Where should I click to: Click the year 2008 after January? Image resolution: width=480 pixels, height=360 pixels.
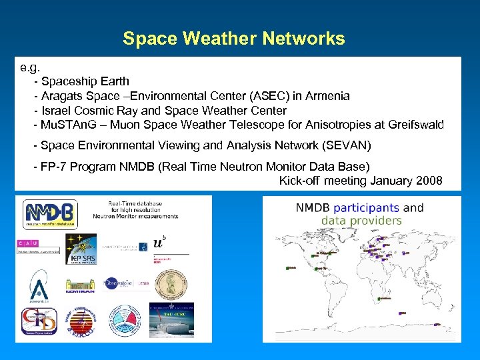pos(428,181)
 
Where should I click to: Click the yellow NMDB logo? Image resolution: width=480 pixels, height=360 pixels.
pos(51,214)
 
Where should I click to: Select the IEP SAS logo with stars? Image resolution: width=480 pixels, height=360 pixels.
pos(81,249)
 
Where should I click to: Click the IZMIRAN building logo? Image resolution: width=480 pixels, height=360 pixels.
pos(81,286)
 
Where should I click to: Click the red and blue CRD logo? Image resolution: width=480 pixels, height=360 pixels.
pos(39,321)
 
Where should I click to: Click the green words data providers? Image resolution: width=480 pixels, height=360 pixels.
pos(361,221)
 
